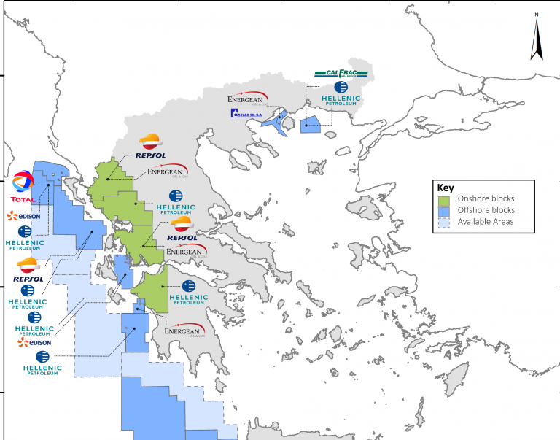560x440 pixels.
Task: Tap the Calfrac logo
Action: click(x=341, y=74)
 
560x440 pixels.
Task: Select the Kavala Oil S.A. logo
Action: click(x=249, y=113)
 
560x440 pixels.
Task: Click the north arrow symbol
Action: click(x=537, y=39)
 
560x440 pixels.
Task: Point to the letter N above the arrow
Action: click(x=537, y=15)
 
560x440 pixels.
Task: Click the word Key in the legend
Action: click(x=443, y=188)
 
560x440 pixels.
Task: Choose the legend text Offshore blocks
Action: click(x=486, y=211)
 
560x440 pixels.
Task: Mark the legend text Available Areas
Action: click(x=486, y=222)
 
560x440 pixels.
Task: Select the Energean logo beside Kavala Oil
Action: click(x=248, y=98)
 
